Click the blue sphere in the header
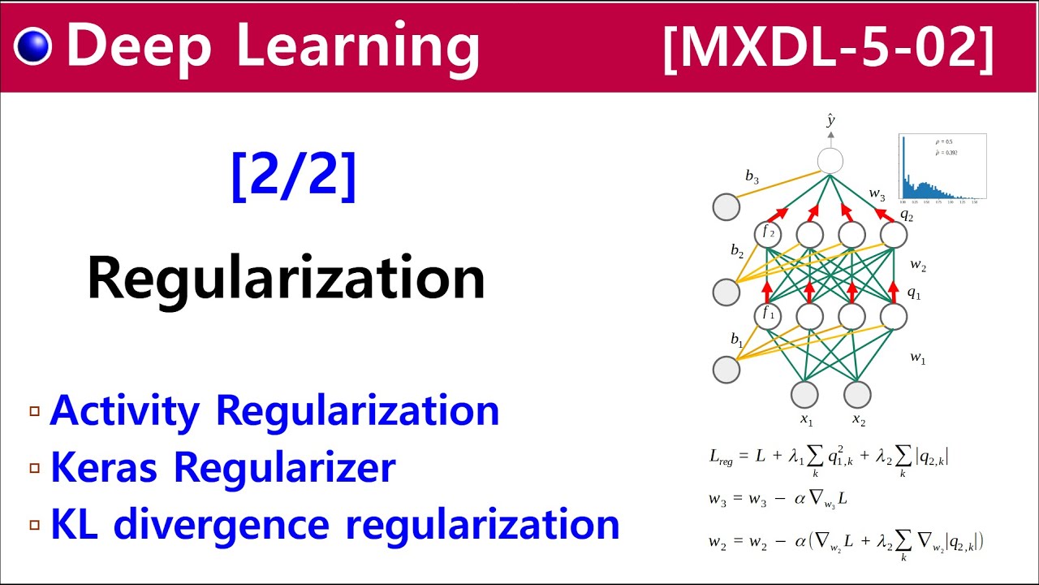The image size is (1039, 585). [32, 46]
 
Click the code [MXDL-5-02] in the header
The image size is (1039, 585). [828, 47]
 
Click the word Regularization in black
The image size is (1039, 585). [286, 278]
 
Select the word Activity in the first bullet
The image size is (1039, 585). [123, 411]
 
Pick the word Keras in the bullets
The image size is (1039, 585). [106, 467]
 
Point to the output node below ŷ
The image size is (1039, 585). [830, 160]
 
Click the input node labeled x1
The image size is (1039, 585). [804, 394]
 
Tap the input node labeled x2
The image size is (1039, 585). [857, 394]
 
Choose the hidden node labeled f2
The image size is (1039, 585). [767, 235]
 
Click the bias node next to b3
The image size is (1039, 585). [726, 207]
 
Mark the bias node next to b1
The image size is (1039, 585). [726, 370]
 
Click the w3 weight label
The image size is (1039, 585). [877, 194]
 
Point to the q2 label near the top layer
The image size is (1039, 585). [906, 215]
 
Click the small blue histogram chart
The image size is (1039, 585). [942, 167]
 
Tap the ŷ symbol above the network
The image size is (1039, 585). [830, 121]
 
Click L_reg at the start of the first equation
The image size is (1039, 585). [720, 457]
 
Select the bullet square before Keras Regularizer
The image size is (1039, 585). [34, 468]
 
